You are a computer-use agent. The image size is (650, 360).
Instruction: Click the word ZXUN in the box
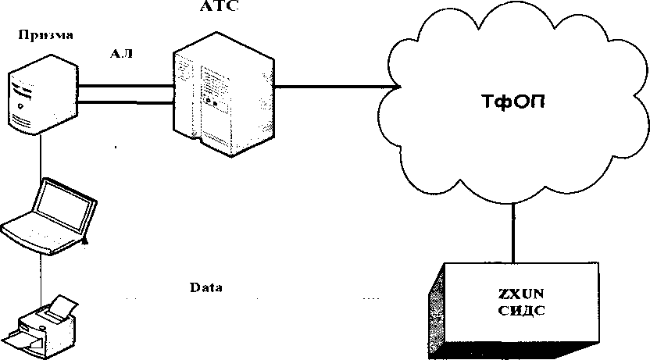(x=520, y=294)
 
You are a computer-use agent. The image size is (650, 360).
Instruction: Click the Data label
(x=206, y=287)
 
